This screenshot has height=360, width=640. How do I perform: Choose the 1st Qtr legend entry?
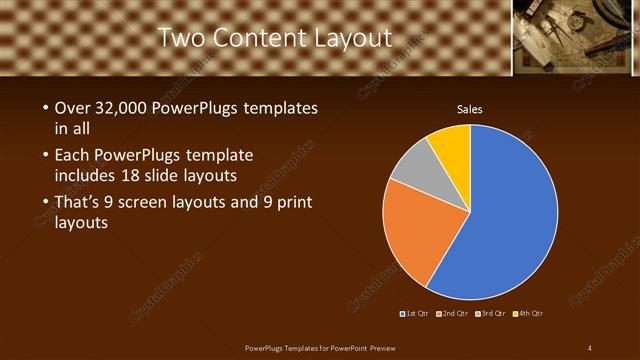click(x=415, y=314)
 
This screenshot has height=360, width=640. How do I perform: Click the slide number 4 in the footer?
click(x=590, y=347)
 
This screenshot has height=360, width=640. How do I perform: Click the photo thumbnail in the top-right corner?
click(x=576, y=37)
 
